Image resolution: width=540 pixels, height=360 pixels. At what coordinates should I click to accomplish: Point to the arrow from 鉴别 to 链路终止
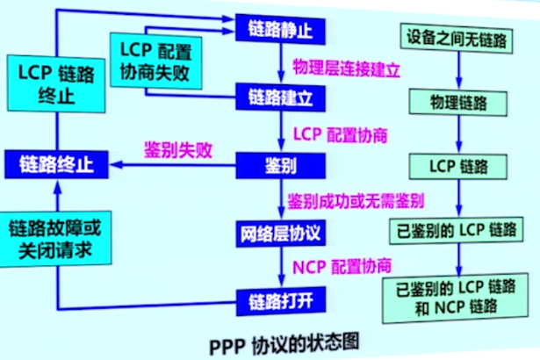tap(176, 164)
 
